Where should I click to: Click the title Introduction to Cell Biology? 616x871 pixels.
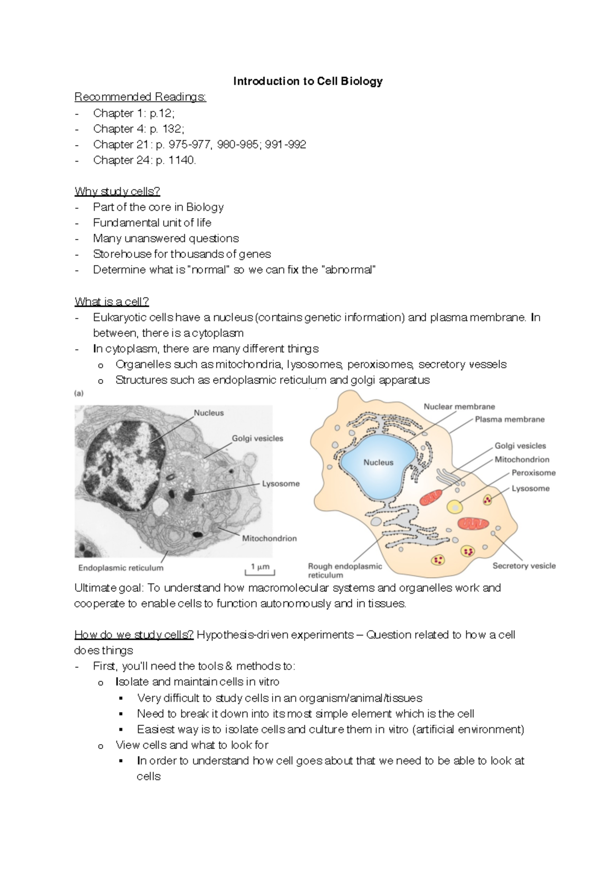click(x=308, y=81)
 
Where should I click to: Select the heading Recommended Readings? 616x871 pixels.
click(x=140, y=97)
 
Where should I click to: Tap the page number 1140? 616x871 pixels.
click(x=182, y=160)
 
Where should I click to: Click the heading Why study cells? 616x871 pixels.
click(x=117, y=191)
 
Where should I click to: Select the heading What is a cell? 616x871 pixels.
click(x=111, y=301)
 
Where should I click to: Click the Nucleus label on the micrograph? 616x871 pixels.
click(x=208, y=412)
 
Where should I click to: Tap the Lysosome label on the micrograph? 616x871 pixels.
click(x=280, y=484)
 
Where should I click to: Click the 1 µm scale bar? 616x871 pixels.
click(x=260, y=568)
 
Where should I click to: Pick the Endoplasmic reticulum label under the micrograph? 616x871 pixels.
click(x=121, y=568)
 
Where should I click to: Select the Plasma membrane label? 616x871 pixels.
click(x=509, y=420)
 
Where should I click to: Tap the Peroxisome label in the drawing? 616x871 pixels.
click(x=533, y=473)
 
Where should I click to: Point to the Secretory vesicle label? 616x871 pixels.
click(x=524, y=566)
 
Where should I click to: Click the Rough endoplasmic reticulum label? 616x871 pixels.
click(x=344, y=570)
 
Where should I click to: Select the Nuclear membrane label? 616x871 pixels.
click(x=459, y=407)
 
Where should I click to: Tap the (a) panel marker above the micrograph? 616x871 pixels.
click(x=79, y=393)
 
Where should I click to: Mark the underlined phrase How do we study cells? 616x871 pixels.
click(x=134, y=635)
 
